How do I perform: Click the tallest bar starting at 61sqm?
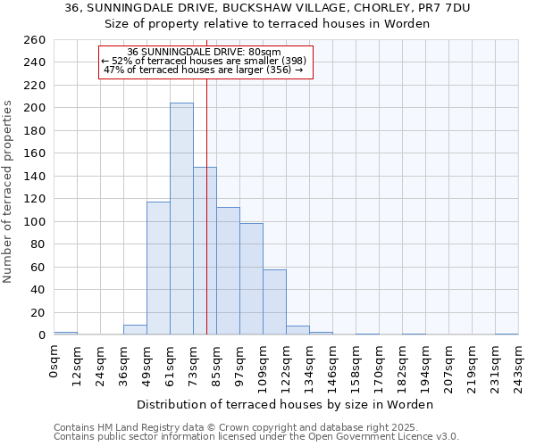[181, 219]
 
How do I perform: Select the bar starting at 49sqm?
[158, 268]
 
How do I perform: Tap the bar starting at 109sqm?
[274, 301]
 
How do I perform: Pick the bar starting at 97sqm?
[251, 278]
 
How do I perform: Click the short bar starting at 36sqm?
[135, 329]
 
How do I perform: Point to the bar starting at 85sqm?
[228, 270]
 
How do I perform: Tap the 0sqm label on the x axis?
[54, 360]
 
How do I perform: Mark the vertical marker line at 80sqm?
[206, 223]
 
